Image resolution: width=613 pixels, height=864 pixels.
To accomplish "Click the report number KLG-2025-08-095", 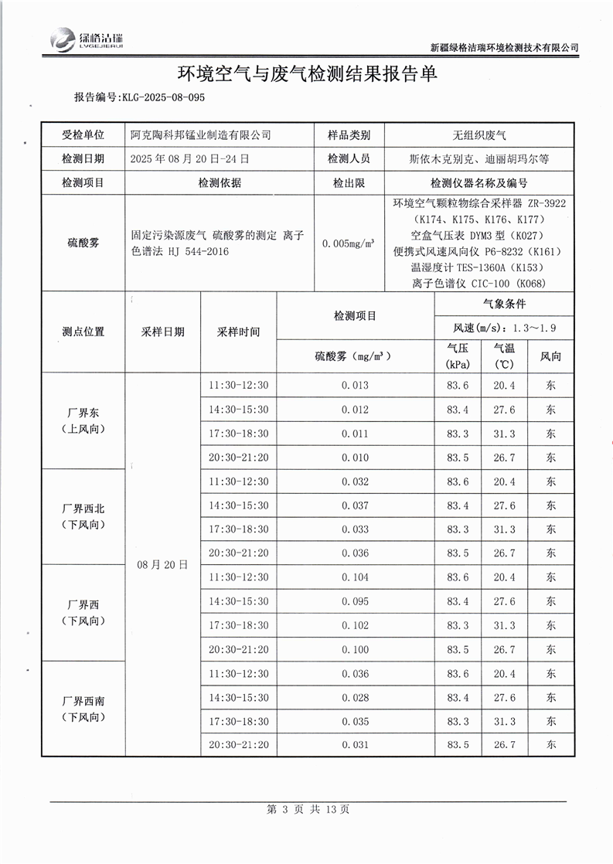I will (139, 97).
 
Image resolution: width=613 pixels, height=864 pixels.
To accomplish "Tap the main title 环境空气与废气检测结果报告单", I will (308, 73).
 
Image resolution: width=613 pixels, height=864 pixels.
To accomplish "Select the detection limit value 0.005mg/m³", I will (349, 243).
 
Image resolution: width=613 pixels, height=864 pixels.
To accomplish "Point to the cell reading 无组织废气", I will (479, 135).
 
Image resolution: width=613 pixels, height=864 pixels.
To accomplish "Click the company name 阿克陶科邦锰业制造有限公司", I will (201, 135).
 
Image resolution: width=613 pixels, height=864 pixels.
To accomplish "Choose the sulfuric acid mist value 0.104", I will (355, 577).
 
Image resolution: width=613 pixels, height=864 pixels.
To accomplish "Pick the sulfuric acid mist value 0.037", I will (355, 505).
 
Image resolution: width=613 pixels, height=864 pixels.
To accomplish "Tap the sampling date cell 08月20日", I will (162, 565).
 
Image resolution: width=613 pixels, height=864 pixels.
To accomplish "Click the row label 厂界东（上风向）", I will (83, 421).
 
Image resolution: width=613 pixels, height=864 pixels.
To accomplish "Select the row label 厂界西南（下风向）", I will (83, 709).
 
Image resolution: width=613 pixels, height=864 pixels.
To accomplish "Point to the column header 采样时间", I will (238, 332).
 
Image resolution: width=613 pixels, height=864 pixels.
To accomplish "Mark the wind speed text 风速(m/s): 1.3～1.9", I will (504, 328).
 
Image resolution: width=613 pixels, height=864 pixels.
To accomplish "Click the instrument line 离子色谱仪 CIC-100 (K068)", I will (479, 283).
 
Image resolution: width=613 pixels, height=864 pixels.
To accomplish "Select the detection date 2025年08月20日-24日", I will (190, 159).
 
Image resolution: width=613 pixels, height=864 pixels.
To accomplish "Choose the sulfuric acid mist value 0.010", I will (355, 458).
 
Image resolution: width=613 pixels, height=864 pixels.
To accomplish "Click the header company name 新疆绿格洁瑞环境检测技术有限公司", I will (504, 47).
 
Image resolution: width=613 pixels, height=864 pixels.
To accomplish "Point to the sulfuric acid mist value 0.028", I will (355, 698).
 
